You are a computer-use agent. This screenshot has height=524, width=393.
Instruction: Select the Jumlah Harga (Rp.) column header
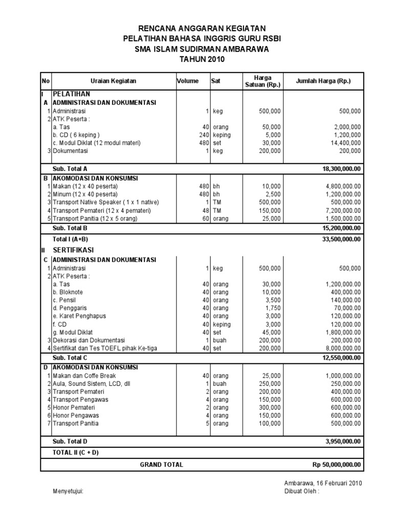tap(323, 81)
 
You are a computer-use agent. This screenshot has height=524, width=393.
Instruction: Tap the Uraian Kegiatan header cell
tap(114, 81)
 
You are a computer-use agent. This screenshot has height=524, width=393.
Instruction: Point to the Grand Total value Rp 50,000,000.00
tap(337, 464)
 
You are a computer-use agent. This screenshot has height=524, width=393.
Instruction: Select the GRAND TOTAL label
tap(161, 464)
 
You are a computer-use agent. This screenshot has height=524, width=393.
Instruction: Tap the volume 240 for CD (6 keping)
tap(204, 135)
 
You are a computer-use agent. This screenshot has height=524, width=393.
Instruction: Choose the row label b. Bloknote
tap(68, 292)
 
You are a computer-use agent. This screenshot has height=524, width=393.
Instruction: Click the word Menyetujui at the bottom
tap(68, 492)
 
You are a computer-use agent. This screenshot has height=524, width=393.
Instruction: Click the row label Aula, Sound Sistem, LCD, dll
tap(92, 384)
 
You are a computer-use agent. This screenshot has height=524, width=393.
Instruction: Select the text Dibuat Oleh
tap(301, 492)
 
